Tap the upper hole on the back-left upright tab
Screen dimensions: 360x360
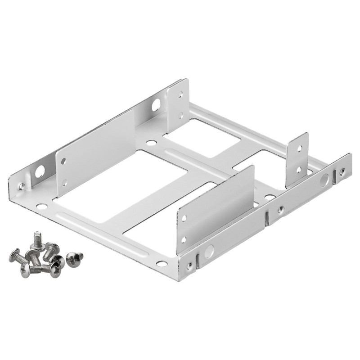click(181, 95)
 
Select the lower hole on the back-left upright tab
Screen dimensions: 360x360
click(181, 115)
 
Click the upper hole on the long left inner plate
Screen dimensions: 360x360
click(63, 161)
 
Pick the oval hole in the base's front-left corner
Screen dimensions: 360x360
click(41, 207)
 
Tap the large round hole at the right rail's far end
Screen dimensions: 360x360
click(324, 181)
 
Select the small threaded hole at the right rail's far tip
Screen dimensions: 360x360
click(342, 171)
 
